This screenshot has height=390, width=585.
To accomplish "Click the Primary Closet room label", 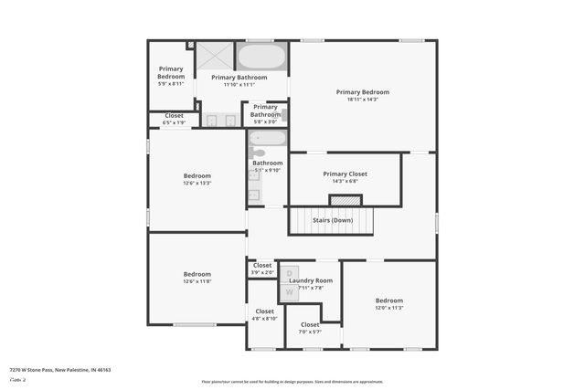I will pyautogui.click(x=345, y=174).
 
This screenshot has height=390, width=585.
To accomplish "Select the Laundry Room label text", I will pyautogui.click(x=311, y=280).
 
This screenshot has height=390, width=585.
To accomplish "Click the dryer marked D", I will pyautogui.click(x=289, y=273).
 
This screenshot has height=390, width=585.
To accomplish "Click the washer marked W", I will pyautogui.click(x=289, y=291).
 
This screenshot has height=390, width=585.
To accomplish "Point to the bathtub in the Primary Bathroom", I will pyautogui.click(x=262, y=57).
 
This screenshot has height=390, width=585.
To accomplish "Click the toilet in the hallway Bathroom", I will pyautogui.click(x=259, y=153).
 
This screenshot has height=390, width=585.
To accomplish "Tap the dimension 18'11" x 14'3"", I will pyautogui.click(x=362, y=100).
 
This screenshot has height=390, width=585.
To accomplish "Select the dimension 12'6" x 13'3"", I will pyautogui.click(x=197, y=183).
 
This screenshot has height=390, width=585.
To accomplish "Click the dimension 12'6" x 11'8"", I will pyautogui.click(x=197, y=281).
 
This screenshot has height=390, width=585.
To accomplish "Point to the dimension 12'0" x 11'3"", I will pyautogui.click(x=388, y=308).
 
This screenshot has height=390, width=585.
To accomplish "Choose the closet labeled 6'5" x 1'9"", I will pyautogui.click(x=174, y=120).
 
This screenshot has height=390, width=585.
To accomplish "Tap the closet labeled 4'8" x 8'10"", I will pyautogui.click(x=264, y=315).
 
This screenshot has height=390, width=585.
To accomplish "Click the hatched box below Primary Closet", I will pyautogui.click(x=345, y=200).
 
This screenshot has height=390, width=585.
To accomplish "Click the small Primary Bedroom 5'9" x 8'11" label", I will pyautogui.click(x=171, y=76).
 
